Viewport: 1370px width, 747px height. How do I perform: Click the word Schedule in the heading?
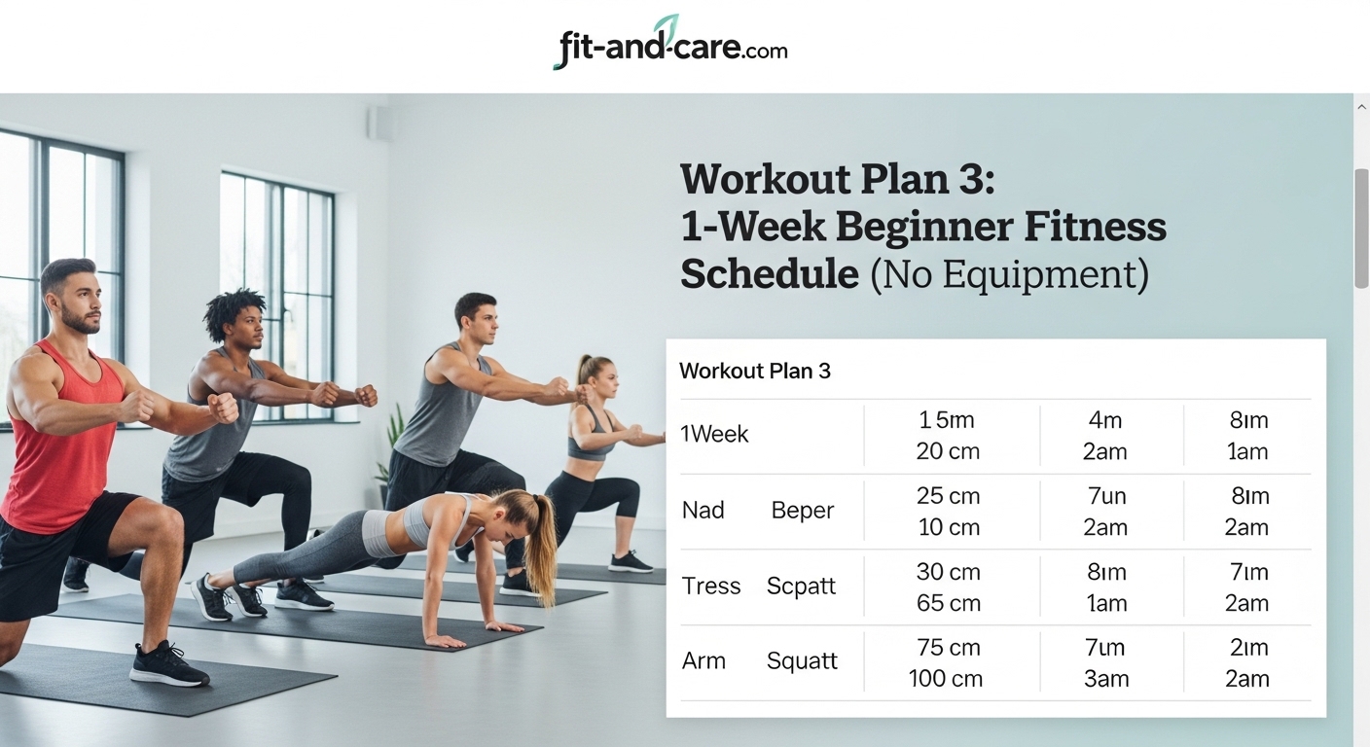769,274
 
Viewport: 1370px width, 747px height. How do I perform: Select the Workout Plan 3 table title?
755,371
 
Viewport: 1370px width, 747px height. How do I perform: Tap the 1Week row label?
714,435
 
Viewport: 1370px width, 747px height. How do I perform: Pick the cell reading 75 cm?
948,647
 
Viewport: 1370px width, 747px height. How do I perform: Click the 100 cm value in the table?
946,678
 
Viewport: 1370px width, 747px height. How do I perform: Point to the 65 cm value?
948,602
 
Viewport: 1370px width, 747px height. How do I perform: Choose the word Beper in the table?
803,511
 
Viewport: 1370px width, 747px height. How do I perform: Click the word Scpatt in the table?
802,587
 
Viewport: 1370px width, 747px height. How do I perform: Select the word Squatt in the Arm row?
802,661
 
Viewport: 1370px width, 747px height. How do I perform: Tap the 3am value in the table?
1106,678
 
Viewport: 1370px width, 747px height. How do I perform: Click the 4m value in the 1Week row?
1106,420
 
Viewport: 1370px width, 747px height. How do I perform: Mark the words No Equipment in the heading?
1008,274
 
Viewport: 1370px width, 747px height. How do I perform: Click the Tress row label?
711,587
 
